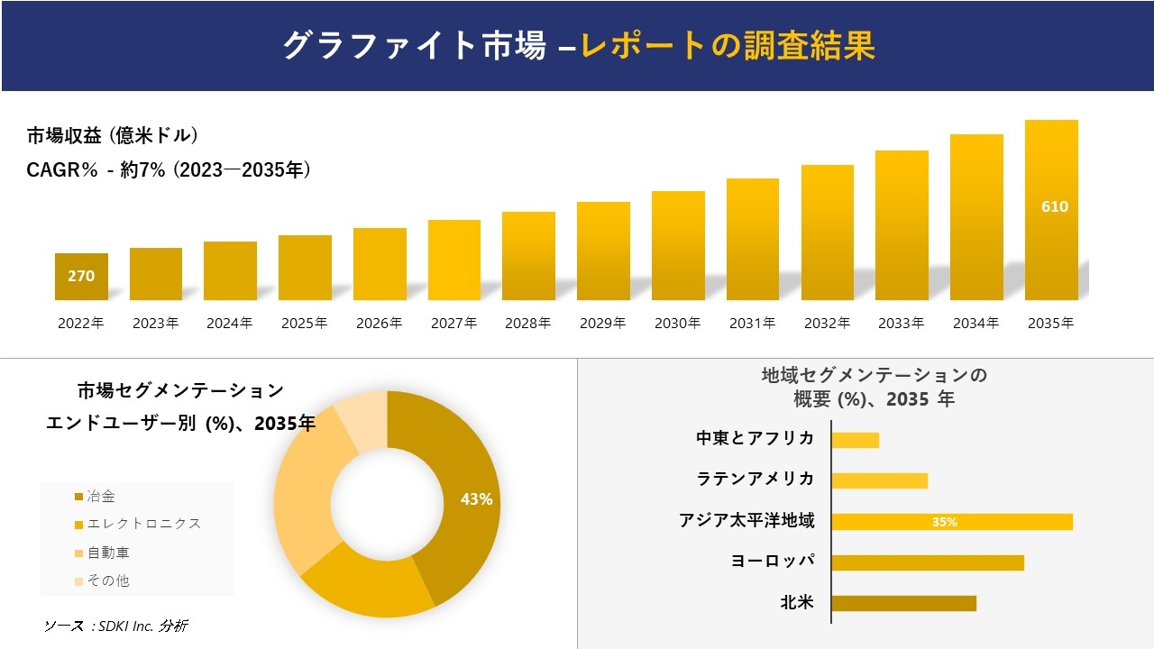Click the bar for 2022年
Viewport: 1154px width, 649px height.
81,277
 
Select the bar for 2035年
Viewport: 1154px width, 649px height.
1051,210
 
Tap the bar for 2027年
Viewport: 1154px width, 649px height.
454,260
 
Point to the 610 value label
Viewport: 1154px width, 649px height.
1054,206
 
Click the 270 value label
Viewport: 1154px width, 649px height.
81,276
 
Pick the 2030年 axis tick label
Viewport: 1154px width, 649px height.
677,323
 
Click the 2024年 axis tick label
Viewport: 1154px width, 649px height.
230,323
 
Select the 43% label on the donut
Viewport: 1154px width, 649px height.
476,499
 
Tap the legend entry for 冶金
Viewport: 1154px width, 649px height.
100,497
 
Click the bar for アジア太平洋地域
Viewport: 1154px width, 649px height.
951,522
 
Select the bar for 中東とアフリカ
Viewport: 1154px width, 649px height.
855,440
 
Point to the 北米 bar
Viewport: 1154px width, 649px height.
903,603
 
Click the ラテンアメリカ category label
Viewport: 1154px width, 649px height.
755,479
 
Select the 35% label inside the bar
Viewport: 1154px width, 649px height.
945,522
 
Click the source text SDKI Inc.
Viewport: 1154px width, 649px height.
116,626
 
